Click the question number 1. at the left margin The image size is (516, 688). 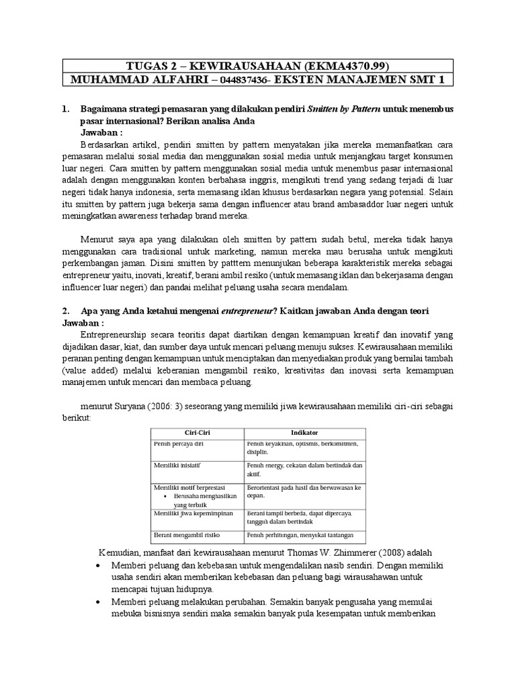pyautogui.click(x=65, y=109)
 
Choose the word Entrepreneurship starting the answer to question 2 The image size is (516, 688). pyautogui.click(x=118, y=334)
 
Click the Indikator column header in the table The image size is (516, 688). pyautogui.click(x=304, y=433)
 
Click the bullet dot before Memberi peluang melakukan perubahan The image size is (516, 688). pyautogui.click(x=99, y=601)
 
